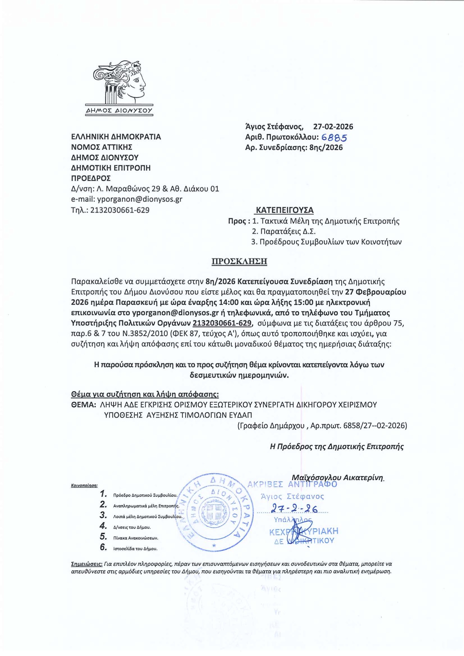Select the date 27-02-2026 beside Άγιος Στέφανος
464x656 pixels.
(333, 127)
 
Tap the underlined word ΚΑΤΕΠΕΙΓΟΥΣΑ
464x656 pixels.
(284, 210)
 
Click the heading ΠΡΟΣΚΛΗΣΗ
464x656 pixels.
(239, 261)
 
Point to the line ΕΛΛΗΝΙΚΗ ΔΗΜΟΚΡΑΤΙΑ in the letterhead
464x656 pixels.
(116, 137)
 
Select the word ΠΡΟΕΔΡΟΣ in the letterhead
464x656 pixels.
(91, 178)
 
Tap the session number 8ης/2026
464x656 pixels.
(326, 148)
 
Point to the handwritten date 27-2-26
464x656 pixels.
(294, 509)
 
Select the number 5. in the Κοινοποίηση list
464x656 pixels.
(103, 537)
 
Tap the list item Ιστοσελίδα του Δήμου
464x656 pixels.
(135, 549)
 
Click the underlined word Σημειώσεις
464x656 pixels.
(86, 564)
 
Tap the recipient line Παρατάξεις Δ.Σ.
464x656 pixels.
(284, 232)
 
